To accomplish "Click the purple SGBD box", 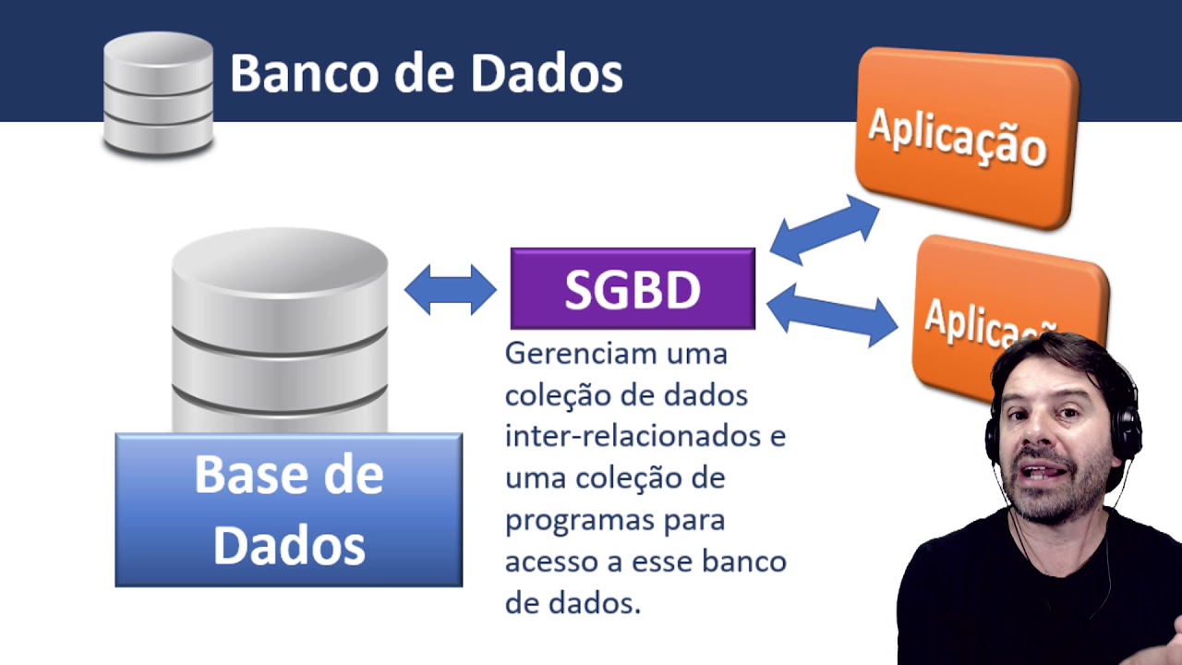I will click(x=633, y=289).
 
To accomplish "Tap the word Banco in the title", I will click(x=304, y=73).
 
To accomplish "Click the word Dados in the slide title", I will click(x=546, y=73).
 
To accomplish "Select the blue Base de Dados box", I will click(x=288, y=510).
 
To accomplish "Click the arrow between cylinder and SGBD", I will click(x=451, y=290).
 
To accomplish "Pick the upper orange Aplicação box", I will click(x=965, y=136).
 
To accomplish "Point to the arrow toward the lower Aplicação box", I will click(x=831, y=314).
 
